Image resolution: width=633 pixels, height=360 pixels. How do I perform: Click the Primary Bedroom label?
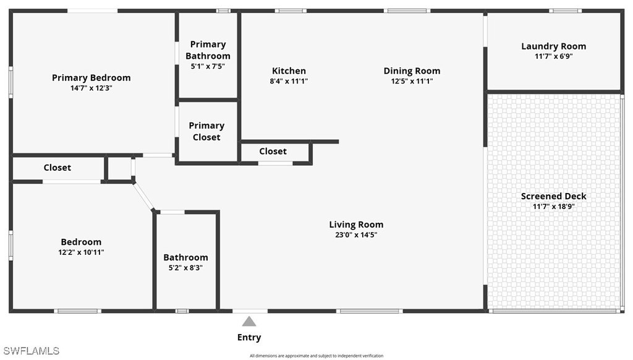point(91,78)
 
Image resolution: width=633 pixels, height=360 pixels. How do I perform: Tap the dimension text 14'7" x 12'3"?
point(91,88)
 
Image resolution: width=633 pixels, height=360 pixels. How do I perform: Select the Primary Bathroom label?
point(208,50)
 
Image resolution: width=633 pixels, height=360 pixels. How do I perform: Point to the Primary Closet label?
point(206,131)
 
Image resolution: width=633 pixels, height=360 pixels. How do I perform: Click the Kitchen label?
point(289,71)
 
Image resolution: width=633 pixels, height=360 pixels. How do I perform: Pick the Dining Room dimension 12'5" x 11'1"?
point(412,81)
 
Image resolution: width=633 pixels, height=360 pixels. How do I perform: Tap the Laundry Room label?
point(553,46)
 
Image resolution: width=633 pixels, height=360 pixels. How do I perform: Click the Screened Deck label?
point(553,196)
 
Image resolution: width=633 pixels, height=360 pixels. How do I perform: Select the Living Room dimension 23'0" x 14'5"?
point(356,234)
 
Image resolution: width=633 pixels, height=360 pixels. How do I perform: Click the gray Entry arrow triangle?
point(249,321)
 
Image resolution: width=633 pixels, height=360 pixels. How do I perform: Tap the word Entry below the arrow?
point(249,338)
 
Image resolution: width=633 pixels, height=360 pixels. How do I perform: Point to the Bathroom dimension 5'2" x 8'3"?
point(185,268)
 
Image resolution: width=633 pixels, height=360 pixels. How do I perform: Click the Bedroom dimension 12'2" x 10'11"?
point(81,252)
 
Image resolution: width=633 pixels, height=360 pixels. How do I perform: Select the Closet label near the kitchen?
point(273,152)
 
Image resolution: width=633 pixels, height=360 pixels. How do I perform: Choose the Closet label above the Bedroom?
point(57,168)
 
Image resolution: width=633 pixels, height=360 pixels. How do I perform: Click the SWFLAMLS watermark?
point(30,351)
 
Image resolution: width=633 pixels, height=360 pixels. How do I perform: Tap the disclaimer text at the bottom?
point(316,356)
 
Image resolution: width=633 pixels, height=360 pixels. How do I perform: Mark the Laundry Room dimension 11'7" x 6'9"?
point(553,56)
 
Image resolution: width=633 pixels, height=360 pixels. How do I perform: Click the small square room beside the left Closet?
point(119,168)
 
